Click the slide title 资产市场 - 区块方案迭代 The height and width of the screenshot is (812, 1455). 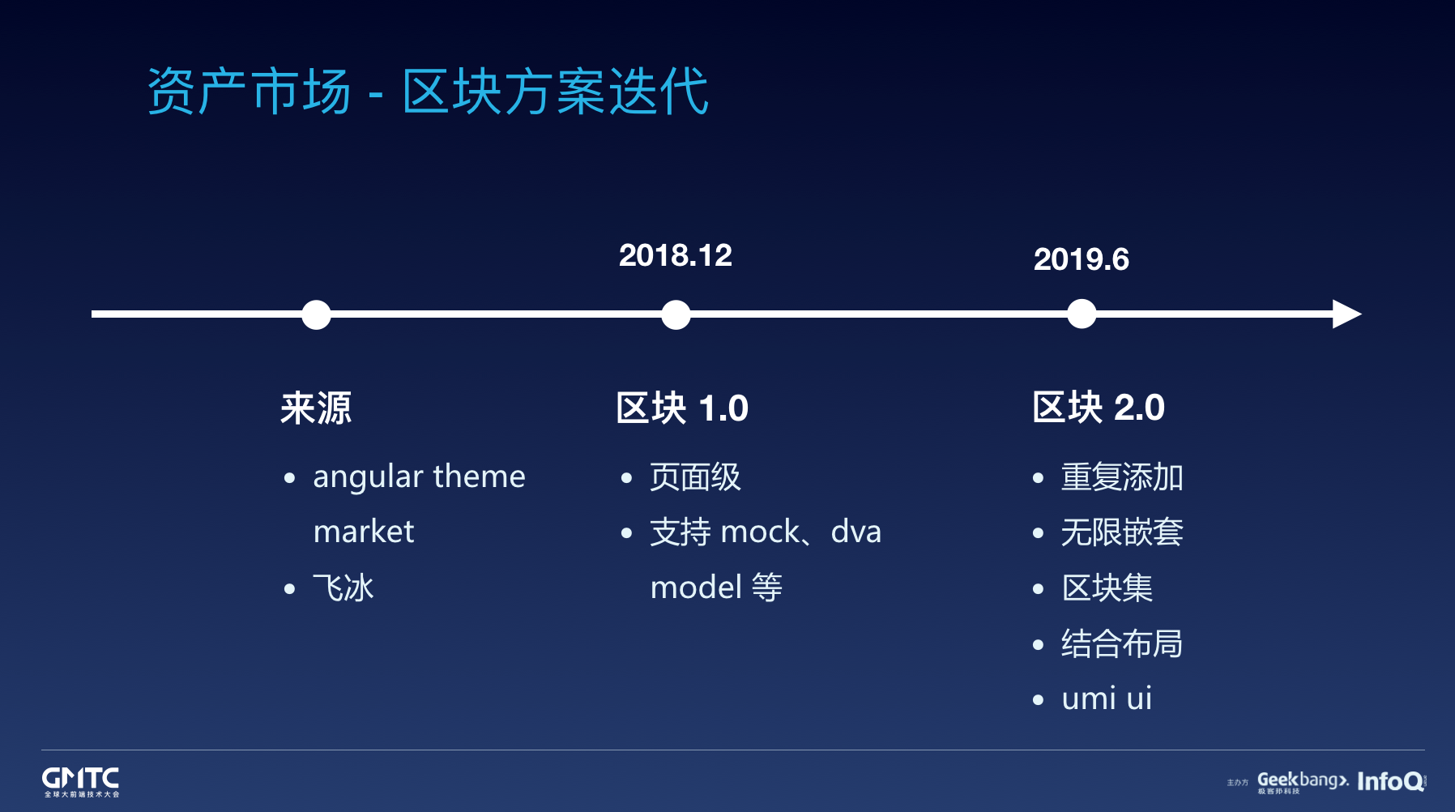pyautogui.click(x=428, y=91)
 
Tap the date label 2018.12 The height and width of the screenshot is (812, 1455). pyautogui.click(x=676, y=255)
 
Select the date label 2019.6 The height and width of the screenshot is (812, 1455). pyautogui.click(x=1082, y=259)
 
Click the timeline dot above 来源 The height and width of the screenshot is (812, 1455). pyautogui.click(x=316, y=314)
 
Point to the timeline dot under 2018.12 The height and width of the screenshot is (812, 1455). pyautogui.click(x=676, y=314)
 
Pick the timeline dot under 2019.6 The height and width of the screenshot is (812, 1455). pyautogui.click(x=1082, y=314)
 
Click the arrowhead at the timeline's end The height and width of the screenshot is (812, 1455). pyautogui.click(x=1346, y=314)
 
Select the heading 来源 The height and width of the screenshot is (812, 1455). pyautogui.click(x=316, y=408)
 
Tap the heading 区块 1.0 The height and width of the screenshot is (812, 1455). pyautogui.click(x=682, y=408)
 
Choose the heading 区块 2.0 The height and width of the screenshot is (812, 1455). pyautogui.click(x=1099, y=407)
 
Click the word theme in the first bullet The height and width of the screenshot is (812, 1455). pyautogui.click(x=479, y=476)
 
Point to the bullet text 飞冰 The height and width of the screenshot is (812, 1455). pyautogui.click(x=343, y=588)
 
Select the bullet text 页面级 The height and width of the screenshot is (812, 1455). pyautogui.click(x=695, y=477)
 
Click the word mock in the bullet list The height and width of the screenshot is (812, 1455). pyautogui.click(x=760, y=532)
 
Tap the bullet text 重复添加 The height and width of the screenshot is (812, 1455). pyautogui.click(x=1122, y=477)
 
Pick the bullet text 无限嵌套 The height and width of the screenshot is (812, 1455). pyautogui.click(x=1122, y=532)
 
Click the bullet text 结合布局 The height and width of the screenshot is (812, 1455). pyautogui.click(x=1122, y=643)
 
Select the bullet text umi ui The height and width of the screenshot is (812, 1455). pyautogui.click(x=1107, y=698)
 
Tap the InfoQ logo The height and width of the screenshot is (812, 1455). pyautogui.click(x=1391, y=781)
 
